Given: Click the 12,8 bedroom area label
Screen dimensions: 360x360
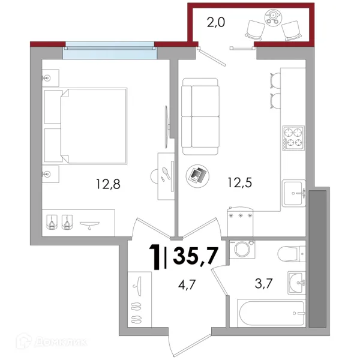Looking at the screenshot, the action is (x=108, y=184).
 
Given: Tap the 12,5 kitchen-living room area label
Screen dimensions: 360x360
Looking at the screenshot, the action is (x=239, y=183).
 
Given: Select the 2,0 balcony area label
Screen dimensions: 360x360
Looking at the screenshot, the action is (x=216, y=23).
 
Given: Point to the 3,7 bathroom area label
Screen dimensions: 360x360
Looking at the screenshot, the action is (x=263, y=284).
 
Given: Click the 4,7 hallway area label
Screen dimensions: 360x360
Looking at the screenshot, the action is (x=187, y=284).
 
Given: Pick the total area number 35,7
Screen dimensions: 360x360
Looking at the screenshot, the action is (x=195, y=256).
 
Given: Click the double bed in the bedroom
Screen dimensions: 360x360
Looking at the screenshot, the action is (x=85, y=126).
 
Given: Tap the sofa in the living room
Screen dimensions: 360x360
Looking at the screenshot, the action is (x=200, y=116).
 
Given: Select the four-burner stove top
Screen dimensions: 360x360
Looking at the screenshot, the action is (x=293, y=138).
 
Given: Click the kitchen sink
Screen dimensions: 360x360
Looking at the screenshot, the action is (x=294, y=193).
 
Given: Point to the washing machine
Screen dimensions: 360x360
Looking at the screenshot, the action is (x=242, y=250).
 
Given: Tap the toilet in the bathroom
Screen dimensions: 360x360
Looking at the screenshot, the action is (x=292, y=254).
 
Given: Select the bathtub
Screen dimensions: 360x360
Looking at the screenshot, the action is (x=271, y=313).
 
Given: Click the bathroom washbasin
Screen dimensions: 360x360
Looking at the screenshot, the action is (x=296, y=283).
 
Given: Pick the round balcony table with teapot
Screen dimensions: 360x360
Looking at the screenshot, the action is (x=273, y=17).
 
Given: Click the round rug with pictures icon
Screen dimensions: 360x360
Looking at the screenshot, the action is (x=197, y=176).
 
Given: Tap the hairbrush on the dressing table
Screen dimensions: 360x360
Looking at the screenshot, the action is (x=166, y=173).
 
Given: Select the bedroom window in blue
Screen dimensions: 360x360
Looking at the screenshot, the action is (x=110, y=50).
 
